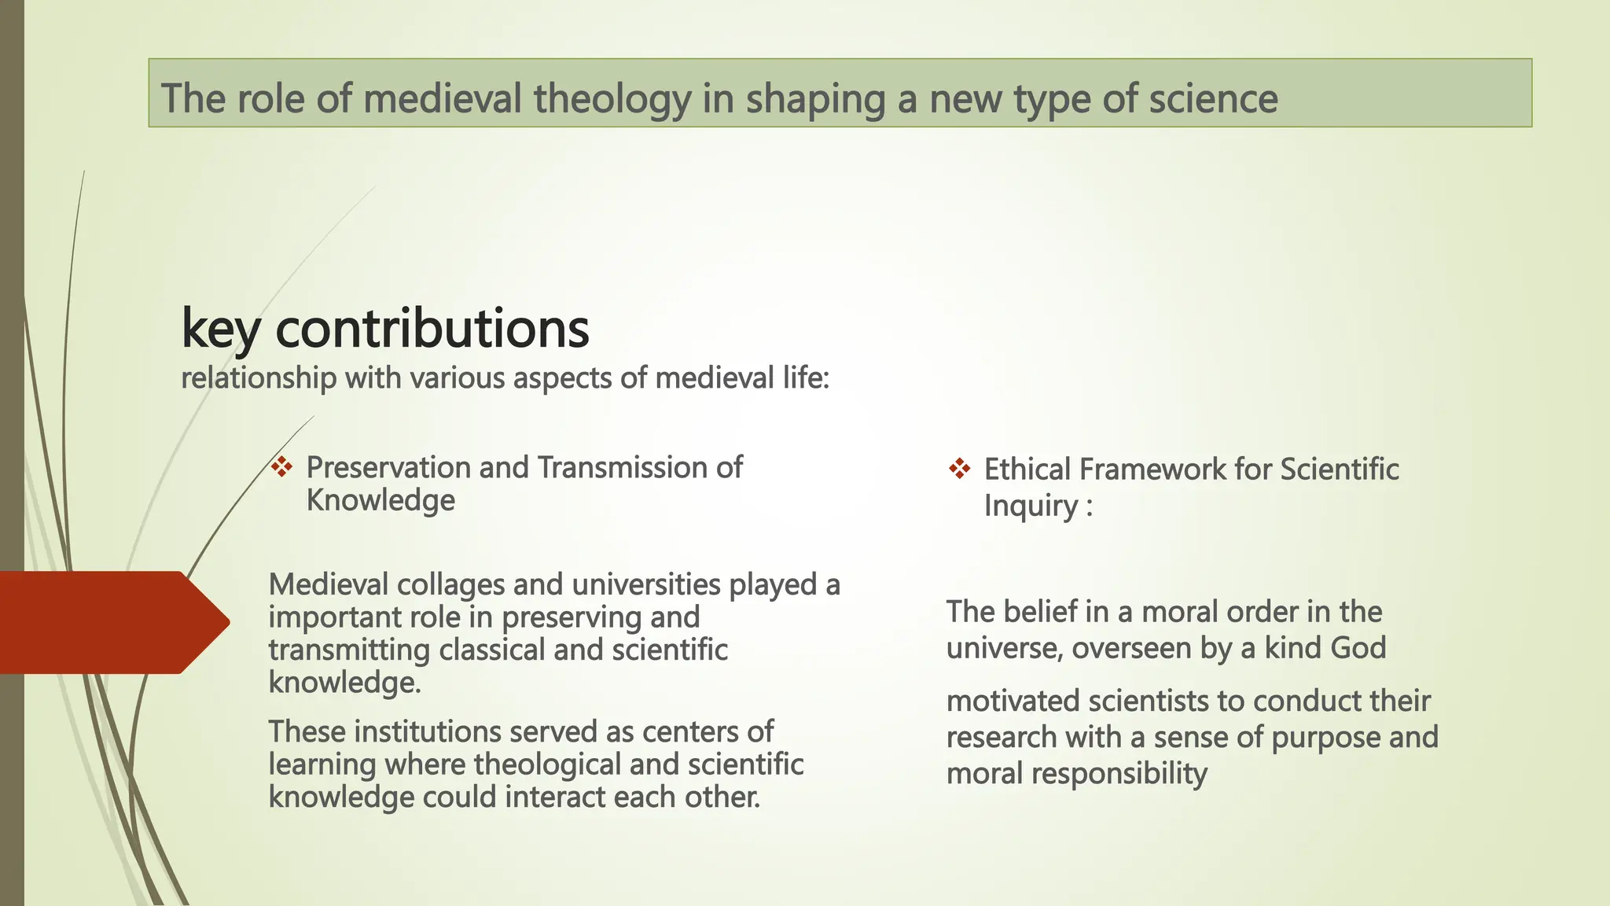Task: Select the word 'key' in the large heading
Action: point(220,329)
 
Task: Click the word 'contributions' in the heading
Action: point(432,329)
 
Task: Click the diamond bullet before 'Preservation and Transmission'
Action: point(281,467)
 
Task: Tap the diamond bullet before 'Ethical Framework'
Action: point(959,470)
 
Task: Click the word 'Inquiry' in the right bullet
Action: point(1031,506)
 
